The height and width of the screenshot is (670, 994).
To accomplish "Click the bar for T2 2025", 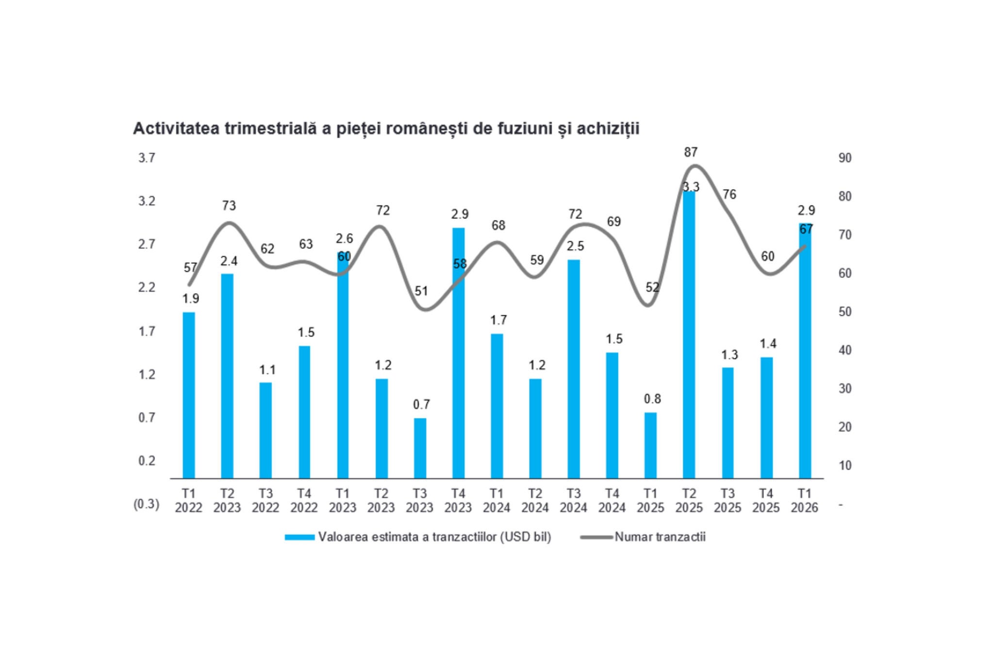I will coord(689,335).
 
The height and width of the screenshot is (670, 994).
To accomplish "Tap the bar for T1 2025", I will coord(650,445).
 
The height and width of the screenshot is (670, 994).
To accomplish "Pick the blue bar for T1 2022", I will coord(189,395).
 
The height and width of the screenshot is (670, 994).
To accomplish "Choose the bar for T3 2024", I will coord(573,369).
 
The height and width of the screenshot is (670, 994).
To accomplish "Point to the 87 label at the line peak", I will coord(691,152).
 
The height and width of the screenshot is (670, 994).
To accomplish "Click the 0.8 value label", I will coord(652,399).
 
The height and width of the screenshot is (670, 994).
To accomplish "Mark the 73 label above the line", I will coord(229,206).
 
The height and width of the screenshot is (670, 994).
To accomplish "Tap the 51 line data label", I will coord(421,291).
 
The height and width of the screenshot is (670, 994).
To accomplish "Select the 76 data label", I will coord(729,194).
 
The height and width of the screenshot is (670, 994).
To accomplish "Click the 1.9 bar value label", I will coord(191,299).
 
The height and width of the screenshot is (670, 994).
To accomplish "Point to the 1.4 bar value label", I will coord(768,344).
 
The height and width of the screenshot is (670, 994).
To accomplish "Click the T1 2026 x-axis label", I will coord(804,501).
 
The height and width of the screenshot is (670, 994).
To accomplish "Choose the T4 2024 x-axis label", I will coord(612,501).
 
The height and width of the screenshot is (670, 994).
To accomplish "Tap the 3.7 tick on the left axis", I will coord(147,158).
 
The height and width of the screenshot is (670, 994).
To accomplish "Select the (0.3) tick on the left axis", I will coord(147,504).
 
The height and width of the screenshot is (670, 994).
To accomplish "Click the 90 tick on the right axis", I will coord(845,158).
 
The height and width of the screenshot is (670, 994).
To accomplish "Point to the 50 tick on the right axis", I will coord(845,312).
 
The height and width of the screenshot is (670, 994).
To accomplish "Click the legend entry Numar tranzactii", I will coord(660,537).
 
